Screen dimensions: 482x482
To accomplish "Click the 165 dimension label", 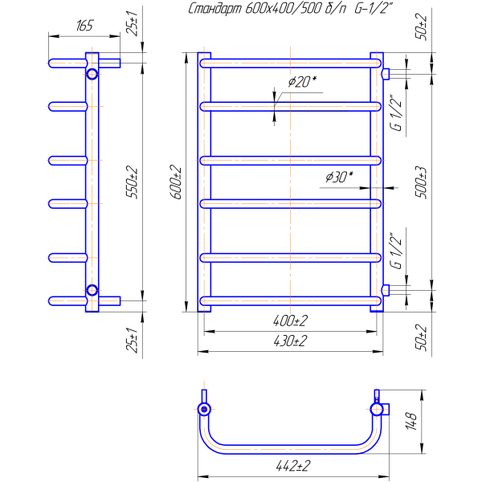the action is tap(84, 26).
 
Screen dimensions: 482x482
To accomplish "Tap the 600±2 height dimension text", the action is tap(178, 182).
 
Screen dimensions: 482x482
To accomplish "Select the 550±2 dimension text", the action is tap(133, 182).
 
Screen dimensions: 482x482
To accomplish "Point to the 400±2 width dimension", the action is tap(290, 321).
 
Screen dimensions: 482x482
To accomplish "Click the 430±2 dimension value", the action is tap(290, 341).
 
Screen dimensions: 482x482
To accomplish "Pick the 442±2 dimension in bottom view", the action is tap(293, 466).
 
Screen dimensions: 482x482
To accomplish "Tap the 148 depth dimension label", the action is tap(411, 422).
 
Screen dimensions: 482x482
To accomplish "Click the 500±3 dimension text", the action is tap(422, 182).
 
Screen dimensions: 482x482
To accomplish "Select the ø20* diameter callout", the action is tap(302, 82).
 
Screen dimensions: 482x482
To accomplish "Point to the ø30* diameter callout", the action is tap(339, 177).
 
